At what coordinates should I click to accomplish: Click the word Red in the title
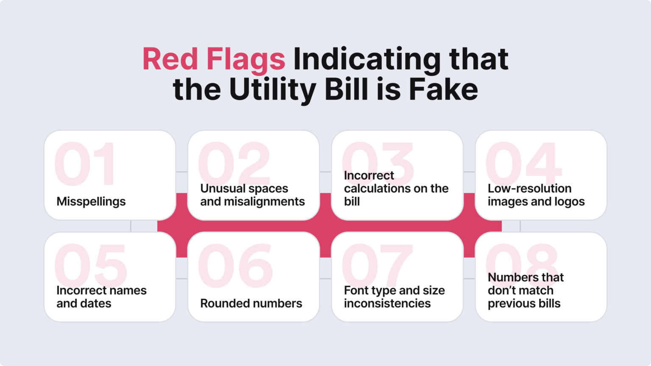coord(170,59)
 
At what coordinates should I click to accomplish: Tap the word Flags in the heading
coord(246,60)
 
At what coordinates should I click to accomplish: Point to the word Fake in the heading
coord(443,90)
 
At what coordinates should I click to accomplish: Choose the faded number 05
coord(91,266)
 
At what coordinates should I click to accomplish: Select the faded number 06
coord(235,266)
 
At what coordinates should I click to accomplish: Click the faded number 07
coord(377,266)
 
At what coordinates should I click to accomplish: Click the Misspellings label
coord(91,202)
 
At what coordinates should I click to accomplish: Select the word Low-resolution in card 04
coord(529,189)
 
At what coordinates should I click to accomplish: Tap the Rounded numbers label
coord(251,304)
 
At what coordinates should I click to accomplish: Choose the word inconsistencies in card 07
coord(387,304)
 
